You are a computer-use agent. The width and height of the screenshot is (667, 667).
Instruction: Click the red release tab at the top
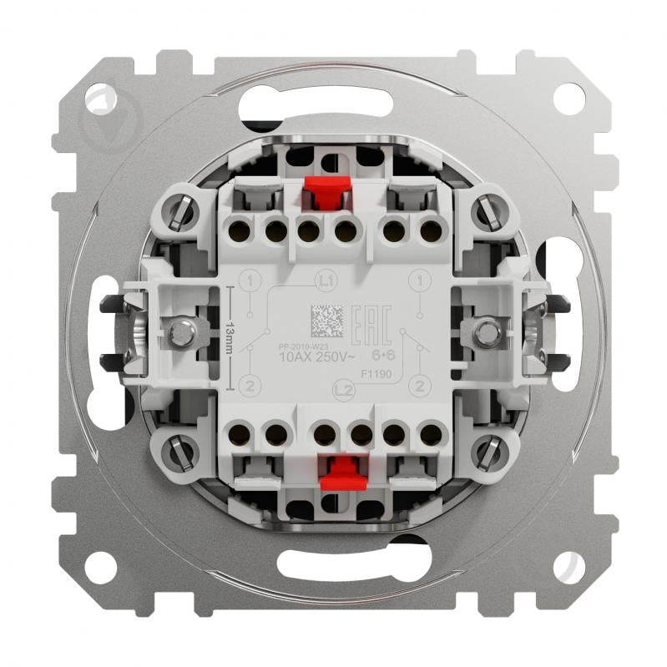click(x=324, y=195)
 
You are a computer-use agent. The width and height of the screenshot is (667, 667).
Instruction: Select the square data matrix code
click(x=327, y=318)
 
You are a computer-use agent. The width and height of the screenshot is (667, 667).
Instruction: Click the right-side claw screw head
click(x=484, y=333)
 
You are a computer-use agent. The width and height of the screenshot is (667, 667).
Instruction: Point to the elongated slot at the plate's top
click(x=333, y=107)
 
